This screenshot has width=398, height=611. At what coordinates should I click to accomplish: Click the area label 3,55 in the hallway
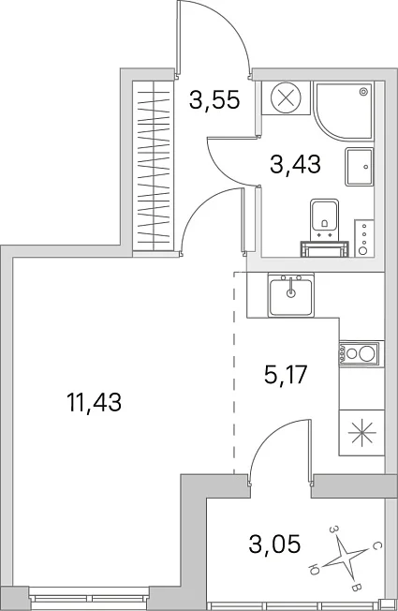(214, 100)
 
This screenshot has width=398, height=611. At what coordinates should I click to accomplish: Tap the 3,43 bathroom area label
(296, 164)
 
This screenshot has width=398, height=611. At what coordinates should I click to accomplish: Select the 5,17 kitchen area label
(286, 375)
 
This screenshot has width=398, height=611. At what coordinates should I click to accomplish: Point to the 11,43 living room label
(95, 402)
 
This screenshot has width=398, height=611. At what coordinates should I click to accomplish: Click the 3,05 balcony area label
(274, 544)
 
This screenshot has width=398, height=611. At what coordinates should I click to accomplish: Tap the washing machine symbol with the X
(287, 97)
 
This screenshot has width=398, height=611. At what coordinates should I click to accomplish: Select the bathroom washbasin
(359, 167)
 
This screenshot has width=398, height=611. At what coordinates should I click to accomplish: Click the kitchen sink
(291, 294)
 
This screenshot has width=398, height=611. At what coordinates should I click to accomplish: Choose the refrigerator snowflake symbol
(362, 433)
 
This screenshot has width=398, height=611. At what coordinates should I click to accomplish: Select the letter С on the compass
(375, 546)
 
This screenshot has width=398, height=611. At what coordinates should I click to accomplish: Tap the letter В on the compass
(356, 588)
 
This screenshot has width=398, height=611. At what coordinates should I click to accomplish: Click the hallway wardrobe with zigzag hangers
(153, 166)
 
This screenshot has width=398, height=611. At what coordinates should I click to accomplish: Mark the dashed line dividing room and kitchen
(234, 373)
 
